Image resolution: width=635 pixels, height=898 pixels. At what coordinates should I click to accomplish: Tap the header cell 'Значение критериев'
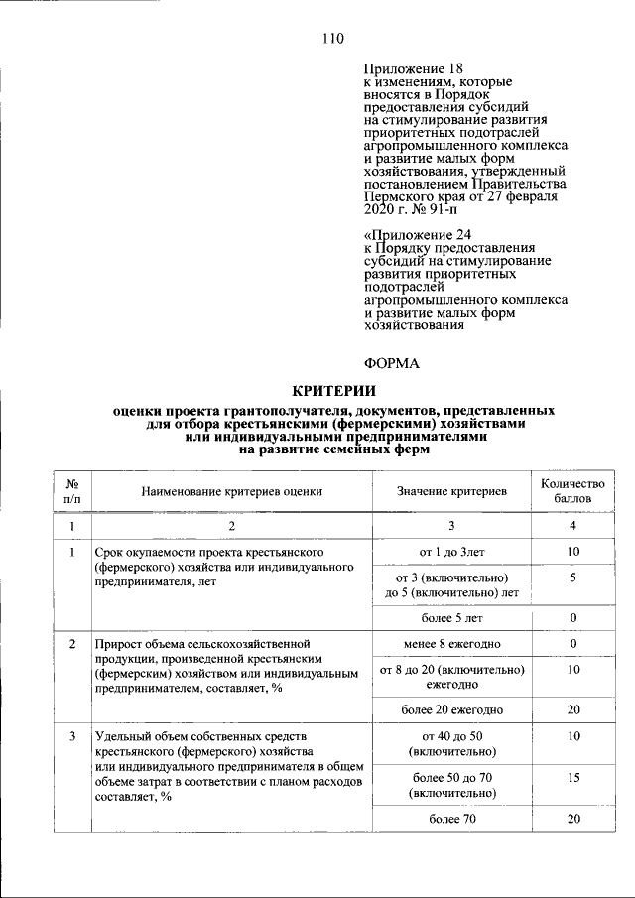[x=451, y=490]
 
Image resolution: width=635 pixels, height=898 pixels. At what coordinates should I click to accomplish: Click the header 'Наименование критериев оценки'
[x=231, y=490]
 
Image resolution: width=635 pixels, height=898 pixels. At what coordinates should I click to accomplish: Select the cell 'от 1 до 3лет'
[x=451, y=550]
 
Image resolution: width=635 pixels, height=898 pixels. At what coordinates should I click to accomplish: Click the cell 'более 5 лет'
[x=451, y=618]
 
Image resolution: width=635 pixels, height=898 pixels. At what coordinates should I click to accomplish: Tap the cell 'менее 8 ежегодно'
[x=451, y=645]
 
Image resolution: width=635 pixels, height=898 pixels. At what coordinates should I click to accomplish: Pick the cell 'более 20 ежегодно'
[x=451, y=709]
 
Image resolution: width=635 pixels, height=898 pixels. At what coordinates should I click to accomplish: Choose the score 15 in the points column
[x=572, y=779]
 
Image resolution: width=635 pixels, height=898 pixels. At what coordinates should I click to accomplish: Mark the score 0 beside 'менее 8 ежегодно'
[x=572, y=645]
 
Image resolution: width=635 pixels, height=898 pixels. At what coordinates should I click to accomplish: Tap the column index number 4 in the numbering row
[x=572, y=525]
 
